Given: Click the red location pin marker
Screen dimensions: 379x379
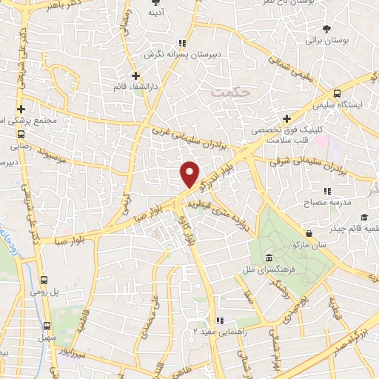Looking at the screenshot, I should tap(190, 173).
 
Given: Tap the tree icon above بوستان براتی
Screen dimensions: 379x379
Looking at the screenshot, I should tap(326, 29).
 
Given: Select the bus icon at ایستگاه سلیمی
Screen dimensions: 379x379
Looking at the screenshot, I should tap(337, 94).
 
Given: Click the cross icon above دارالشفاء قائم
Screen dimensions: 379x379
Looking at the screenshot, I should tap(135, 75).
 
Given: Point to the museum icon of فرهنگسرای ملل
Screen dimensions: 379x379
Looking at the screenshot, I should tap(269, 257).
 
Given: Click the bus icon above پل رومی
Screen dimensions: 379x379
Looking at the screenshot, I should tap(44, 281).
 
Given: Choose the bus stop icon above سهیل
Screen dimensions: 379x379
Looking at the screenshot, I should tap(47, 325).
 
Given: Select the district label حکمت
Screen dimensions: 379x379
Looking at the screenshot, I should tap(227, 93).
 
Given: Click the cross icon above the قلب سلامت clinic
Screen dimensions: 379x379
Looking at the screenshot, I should tap(286, 118).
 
